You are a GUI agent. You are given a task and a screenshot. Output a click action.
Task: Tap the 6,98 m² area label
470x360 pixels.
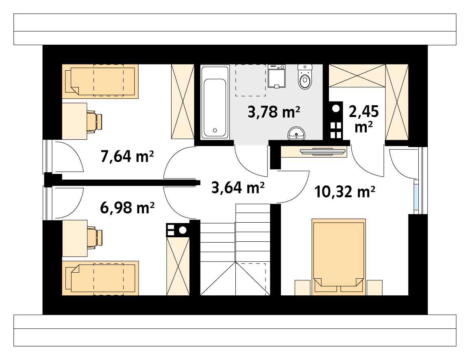click(x=127, y=208)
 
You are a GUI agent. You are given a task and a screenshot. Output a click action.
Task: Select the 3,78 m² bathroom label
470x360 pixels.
click(x=274, y=112)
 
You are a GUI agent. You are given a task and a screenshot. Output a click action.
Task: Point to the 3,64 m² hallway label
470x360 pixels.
click(x=238, y=188)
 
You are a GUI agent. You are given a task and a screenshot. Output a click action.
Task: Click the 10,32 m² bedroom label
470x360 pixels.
click(x=345, y=192)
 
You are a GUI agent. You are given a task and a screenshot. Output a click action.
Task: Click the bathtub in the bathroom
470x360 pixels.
click(x=215, y=102)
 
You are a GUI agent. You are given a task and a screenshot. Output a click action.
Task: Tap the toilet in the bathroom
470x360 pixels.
click(x=305, y=77)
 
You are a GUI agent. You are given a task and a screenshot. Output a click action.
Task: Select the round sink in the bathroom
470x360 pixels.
click(x=296, y=134)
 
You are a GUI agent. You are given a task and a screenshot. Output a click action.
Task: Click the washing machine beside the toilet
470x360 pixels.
click(x=276, y=76)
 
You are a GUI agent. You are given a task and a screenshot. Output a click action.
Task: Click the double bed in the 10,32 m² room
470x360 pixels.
click(x=339, y=257)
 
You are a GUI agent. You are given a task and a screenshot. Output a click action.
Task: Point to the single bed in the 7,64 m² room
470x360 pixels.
click(x=100, y=81)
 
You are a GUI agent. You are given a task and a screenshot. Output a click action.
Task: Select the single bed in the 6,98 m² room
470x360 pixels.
click(x=100, y=278)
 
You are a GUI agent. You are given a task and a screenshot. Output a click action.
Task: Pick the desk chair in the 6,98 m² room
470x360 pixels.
click(x=94, y=238)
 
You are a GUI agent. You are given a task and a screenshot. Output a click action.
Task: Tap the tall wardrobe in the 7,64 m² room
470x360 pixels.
click(x=183, y=102)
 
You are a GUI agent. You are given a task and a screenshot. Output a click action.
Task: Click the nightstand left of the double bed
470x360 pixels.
click(x=303, y=288)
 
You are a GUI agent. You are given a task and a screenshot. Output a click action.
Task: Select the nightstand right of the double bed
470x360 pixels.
click(x=375, y=288)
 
